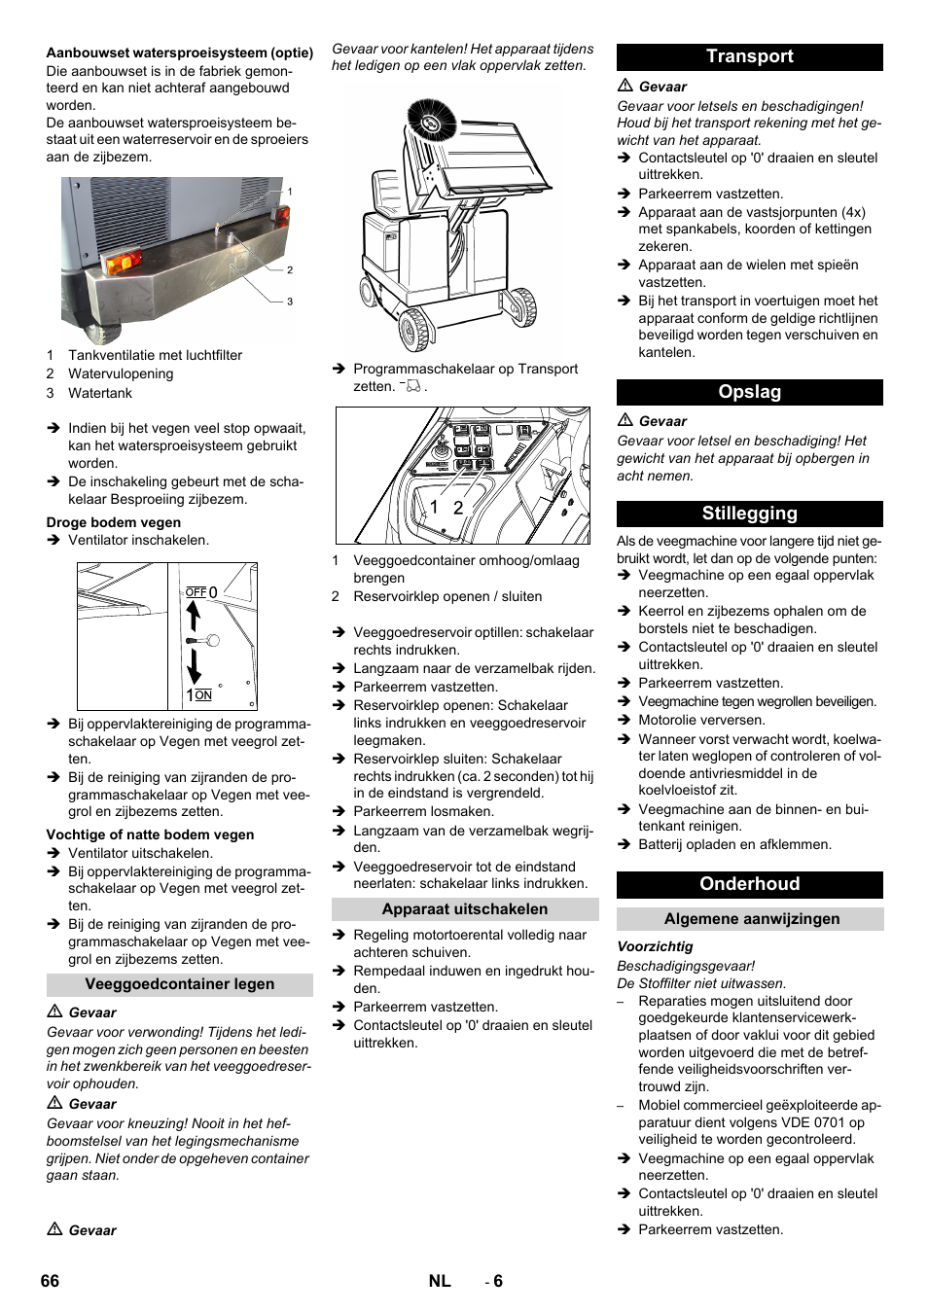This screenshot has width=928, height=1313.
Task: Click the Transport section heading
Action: tap(749, 57)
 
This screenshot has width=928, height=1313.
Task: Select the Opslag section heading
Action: tap(749, 392)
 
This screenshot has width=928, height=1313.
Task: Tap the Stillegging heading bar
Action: tap(749, 514)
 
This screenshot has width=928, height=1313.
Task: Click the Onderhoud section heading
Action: tap(749, 884)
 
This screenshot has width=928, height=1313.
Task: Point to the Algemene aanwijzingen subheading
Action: tap(751, 919)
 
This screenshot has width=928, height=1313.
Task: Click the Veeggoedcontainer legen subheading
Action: tap(179, 984)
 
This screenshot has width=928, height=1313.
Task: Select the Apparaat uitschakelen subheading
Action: tap(464, 909)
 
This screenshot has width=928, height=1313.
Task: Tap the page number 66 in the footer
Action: tap(50, 1281)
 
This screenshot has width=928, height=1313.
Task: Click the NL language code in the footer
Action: tap(440, 1281)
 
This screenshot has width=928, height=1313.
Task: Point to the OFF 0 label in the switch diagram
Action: tap(201, 592)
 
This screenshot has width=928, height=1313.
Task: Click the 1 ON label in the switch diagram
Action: tap(199, 694)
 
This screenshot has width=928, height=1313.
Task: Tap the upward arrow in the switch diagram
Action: tap(193, 616)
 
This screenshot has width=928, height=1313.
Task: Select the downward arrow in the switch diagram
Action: tap(194, 667)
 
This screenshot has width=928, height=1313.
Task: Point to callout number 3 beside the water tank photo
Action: tap(289, 302)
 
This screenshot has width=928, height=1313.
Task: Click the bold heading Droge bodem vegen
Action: tap(114, 522)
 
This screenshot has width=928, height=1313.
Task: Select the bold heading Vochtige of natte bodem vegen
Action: tap(150, 834)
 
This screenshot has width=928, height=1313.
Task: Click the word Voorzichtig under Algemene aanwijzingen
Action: tap(655, 946)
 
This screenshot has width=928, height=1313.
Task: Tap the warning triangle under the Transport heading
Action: tap(625, 87)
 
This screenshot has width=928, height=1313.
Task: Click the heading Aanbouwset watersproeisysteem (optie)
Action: tap(179, 53)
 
